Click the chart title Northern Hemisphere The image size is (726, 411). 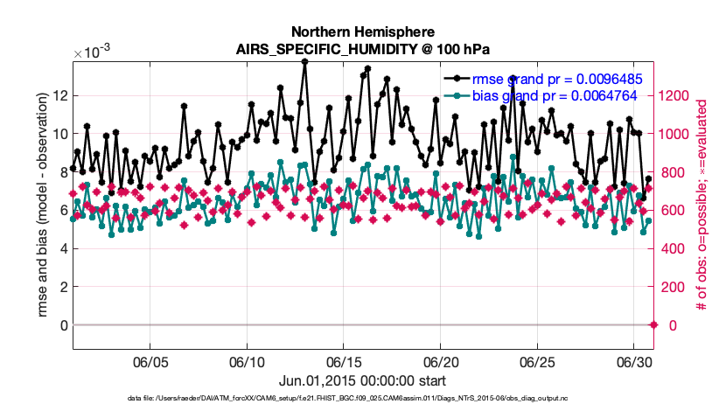[x=363, y=31]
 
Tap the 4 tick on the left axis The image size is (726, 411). [x=62, y=248]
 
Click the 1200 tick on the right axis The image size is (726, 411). [x=679, y=95]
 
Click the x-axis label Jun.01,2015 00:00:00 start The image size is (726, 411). [x=363, y=380]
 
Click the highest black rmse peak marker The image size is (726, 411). [x=304, y=62]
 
